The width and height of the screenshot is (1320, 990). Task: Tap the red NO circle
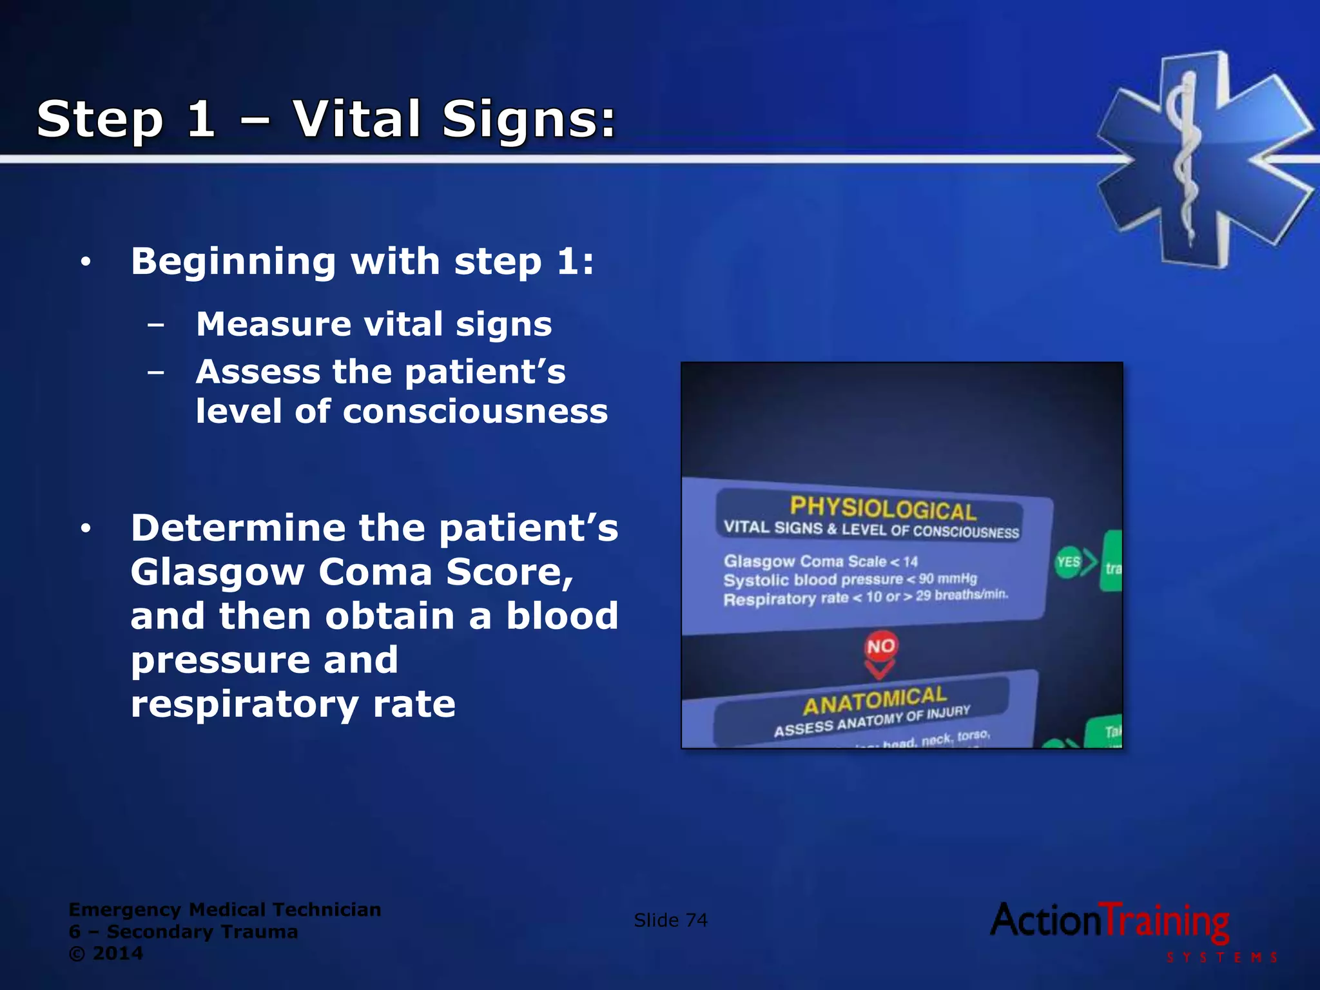(x=880, y=646)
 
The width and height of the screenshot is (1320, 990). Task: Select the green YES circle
(x=1068, y=562)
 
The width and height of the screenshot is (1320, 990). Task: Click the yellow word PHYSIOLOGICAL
(x=883, y=509)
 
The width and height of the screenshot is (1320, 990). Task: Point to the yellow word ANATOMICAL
(x=875, y=701)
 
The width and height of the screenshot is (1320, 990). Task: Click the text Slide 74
(x=670, y=920)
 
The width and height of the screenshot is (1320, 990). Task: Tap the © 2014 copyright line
(x=106, y=953)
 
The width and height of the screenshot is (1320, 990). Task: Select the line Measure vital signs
(x=374, y=324)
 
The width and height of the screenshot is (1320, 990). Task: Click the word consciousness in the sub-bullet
(x=475, y=411)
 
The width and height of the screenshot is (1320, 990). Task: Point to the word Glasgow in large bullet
(x=217, y=572)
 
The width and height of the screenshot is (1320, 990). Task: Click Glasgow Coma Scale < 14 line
(x=820, y=561)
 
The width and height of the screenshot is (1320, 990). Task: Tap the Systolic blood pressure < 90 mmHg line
(x=849, y=579)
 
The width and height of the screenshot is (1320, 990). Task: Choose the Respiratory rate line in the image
(x=865, y=597)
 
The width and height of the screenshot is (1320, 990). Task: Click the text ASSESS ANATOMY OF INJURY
(x=871, y=721)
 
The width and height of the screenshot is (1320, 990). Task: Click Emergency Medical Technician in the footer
(x=224, y=909)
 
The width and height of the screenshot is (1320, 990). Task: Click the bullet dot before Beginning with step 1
(x=86, y=262)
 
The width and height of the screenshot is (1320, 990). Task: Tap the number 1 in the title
(x=201, y=119)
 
